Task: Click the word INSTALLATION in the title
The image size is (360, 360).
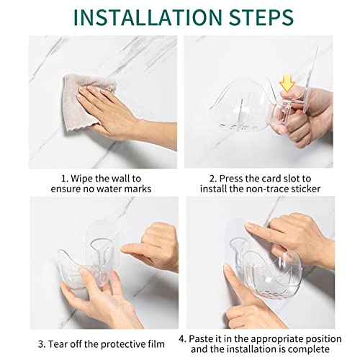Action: (148, 17)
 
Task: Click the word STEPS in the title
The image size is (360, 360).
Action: (261, 17)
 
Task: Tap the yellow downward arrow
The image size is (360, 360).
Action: (287, 84)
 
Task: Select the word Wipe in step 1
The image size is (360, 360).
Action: (82, 179)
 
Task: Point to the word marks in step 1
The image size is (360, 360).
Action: (138, 189)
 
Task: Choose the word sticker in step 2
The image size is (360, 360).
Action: (306, 189)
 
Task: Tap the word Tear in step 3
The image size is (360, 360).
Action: (55, 344)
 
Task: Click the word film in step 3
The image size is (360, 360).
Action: (157, 344)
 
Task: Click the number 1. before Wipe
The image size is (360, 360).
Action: (65, 179)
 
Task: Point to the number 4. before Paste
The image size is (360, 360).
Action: (182, 339)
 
